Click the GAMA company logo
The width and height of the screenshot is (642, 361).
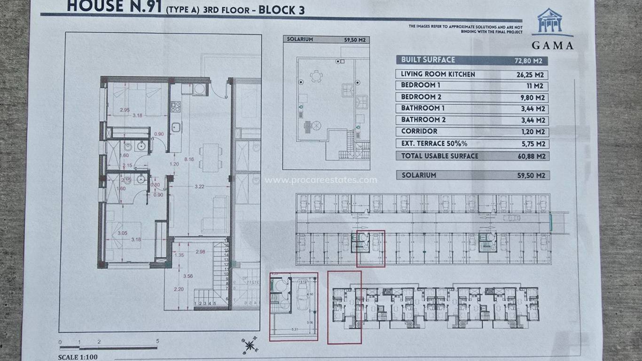[x=552, y=29]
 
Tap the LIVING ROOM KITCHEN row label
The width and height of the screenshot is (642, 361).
[x=438, y=74]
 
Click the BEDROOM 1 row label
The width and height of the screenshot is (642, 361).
[x=420, y=86]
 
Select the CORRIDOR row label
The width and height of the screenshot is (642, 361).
[x=419, y=132]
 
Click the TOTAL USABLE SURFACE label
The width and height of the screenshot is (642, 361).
[x=439, y=156]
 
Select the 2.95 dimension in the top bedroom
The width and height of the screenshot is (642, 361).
[x=125, y=110]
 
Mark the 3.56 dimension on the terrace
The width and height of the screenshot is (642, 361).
[x=188, y=276]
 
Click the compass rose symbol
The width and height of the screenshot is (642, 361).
[x=250, y=345]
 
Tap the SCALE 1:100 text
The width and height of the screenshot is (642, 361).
[x=78, y=357]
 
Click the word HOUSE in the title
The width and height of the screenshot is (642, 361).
[x=91, y=7]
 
